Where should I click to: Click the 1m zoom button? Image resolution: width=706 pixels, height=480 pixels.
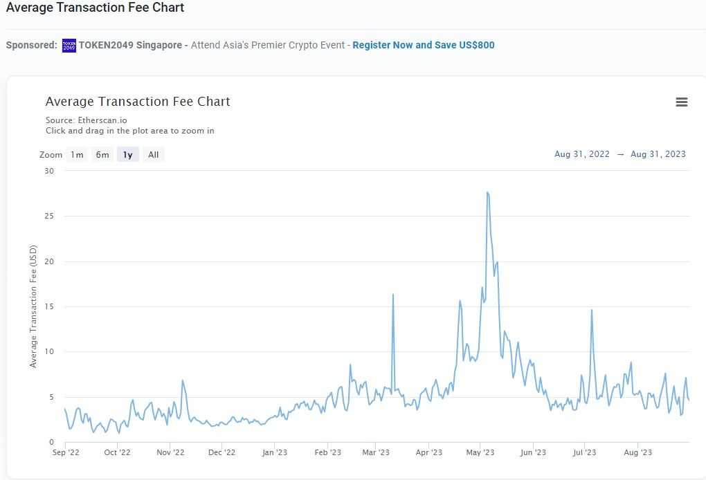point(77,155)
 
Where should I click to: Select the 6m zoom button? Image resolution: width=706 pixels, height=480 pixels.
point(102,155)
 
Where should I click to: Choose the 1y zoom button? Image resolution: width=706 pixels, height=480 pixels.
point(128,155)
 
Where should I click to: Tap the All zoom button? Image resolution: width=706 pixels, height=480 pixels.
point(154,155)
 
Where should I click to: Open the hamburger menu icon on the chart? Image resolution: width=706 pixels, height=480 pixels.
point(682,102)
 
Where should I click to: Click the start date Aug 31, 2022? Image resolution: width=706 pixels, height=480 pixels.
point(582,154)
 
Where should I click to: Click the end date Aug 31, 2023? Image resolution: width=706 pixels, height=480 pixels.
point(658,154)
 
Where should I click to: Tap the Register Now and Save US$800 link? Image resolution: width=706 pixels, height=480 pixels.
point(424,45)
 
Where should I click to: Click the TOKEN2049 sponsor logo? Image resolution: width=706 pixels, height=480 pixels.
point(69,46)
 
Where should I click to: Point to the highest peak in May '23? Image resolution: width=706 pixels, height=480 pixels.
point(488,192)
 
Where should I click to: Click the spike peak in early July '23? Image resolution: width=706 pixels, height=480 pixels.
point(592,310)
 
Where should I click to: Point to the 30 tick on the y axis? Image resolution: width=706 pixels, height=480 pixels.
point(49,171)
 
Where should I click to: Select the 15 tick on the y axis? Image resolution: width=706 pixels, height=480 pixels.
point(49,306)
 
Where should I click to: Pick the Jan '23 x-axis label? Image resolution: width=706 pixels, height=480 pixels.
point(275,453)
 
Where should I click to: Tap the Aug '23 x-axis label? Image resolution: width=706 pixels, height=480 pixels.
point(637,453)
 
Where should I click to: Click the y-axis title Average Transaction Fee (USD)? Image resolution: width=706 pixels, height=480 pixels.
point(33,307)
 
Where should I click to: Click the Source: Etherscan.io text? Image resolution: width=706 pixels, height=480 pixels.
point(87,120)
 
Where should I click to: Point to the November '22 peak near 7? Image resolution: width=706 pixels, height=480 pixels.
point(183,380)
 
